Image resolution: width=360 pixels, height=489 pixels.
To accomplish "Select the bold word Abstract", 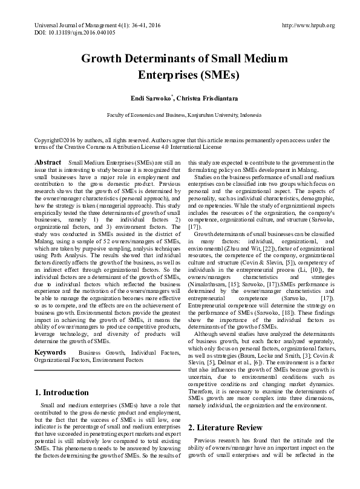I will [48, 163].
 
